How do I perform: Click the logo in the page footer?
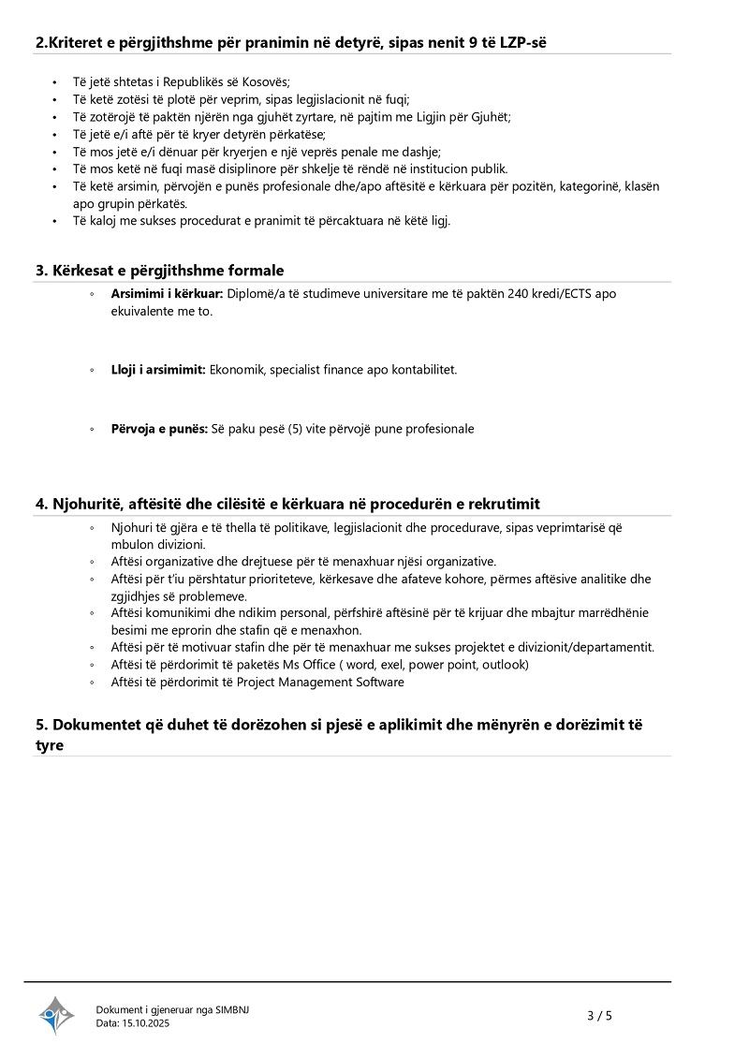click(x=56, y=1015)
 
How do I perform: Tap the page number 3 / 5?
click(x=599, y=1015)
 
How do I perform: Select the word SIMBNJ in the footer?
click(x=233, y=1009)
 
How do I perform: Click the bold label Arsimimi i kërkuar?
click(x=166, y=294)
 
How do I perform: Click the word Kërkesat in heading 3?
click(x=82, y=271)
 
